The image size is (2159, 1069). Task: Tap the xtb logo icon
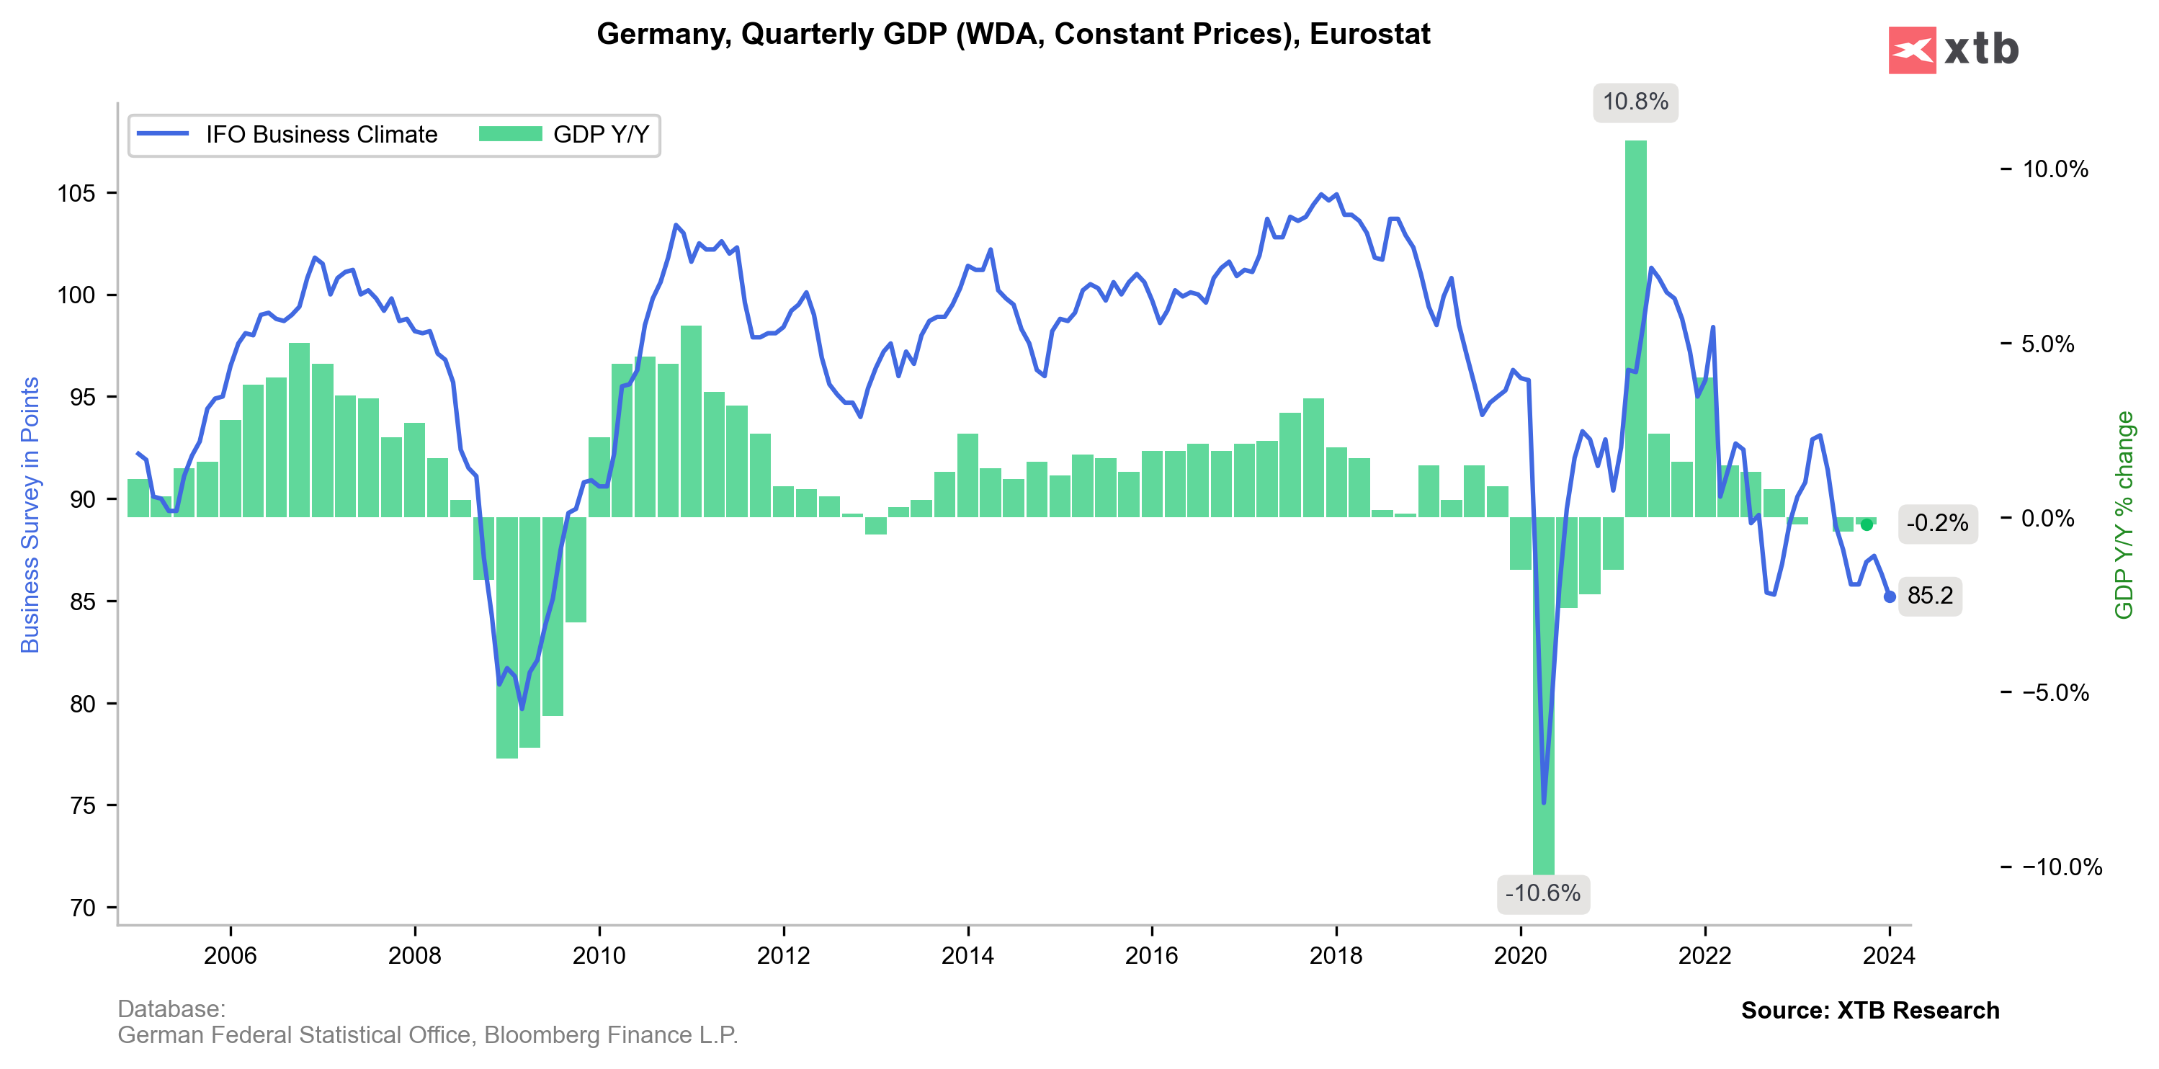click(1912, 50)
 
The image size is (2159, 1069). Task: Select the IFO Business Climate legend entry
click(287, 135)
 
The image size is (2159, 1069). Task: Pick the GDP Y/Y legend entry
click(565, 135)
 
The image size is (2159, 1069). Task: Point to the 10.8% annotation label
click(1635, 102)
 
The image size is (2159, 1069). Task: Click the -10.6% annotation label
click(1542, 893)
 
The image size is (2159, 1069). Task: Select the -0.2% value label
click(1937, 524)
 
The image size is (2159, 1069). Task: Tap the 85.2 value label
click(1929, 596)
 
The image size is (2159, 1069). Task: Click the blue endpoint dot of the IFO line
click(1889, 596)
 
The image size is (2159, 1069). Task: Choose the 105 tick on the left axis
click(76, 194)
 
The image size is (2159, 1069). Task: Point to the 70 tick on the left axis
click(81, 908)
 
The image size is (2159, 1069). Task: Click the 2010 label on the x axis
click(599, 956)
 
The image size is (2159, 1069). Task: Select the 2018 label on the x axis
click(1336, 956)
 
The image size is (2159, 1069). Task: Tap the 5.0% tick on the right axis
click(2047, 344)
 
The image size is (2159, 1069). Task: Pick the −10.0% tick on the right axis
click(2061, 867)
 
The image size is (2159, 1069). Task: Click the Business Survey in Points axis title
click(30, 514)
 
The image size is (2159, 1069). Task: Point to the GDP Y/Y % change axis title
click(2124, 514)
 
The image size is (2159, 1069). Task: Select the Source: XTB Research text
click(1870, 1011)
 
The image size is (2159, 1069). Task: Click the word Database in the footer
click(171, 1008)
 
